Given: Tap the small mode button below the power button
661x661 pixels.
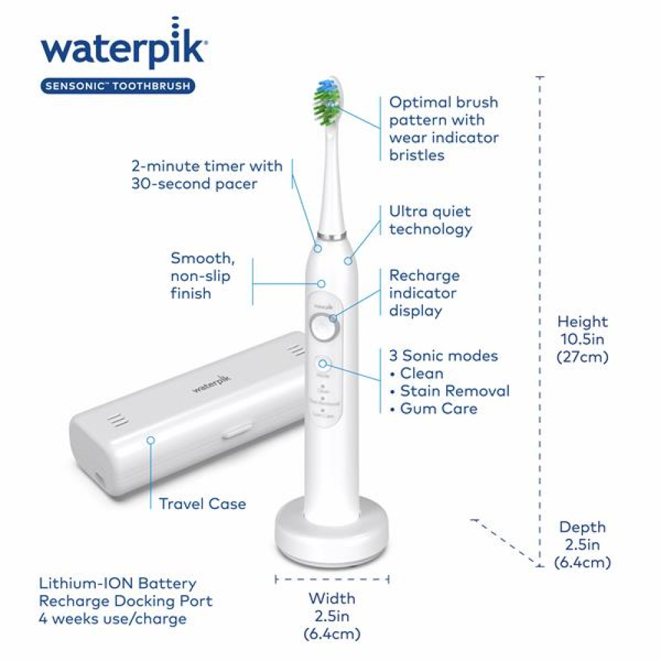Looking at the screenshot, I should pos(324,363).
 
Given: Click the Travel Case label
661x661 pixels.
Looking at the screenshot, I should pos(202,504).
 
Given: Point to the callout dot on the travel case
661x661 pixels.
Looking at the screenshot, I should pos(151,439).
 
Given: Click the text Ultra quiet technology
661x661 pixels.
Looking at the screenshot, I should pos(430,220).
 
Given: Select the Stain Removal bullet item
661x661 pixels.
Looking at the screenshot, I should pos(455,391).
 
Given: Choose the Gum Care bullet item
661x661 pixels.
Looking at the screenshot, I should pos(438,408).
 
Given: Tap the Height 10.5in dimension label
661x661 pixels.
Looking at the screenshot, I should pos(582,339).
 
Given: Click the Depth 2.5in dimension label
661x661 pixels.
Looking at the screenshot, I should pos(582,545).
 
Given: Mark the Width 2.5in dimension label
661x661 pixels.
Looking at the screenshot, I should pos(332,616).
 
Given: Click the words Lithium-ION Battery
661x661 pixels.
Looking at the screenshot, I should pos(118,584).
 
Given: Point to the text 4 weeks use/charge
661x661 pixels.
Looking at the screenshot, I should pos(112,619).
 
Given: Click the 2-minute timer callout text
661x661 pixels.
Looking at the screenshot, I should pos(206,175).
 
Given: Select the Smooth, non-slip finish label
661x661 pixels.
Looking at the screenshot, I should pos(201,275).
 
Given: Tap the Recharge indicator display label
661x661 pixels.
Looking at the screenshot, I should pos(424,292).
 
